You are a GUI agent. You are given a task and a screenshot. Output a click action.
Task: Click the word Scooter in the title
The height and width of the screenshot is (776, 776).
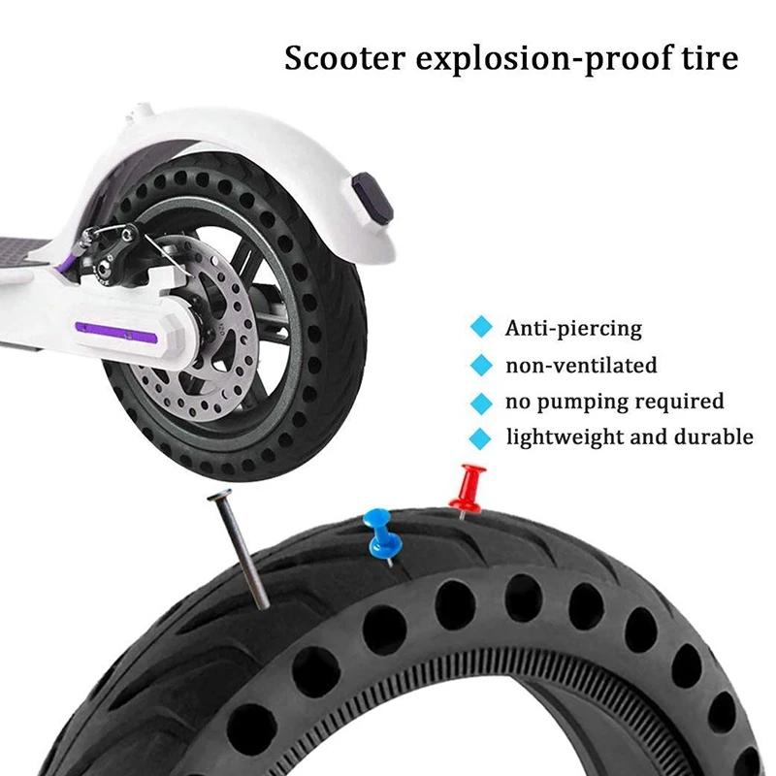point(345,58)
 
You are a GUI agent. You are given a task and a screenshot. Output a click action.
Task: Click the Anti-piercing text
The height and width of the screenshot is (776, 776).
point(573,329)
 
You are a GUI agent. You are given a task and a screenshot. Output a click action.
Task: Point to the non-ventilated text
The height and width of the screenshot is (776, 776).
point(581,366)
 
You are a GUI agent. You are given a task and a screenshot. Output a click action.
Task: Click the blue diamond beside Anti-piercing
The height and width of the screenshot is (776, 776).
point(481,327)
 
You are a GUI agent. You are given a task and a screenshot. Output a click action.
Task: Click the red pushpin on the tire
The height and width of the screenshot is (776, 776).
point(468,490)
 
